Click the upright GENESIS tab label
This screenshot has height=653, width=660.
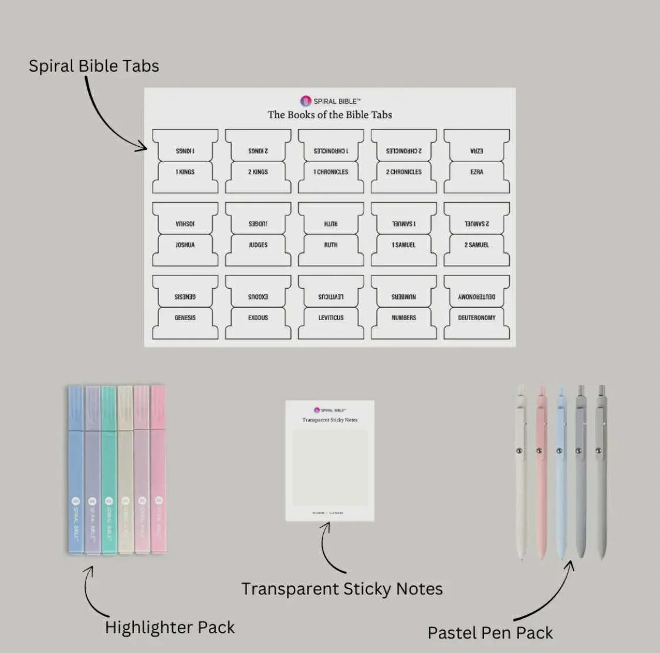point(185,318)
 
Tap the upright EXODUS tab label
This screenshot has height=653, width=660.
point(258,318)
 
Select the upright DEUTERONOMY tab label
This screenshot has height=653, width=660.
point(476,318)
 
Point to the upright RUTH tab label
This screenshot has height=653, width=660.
point(331,245)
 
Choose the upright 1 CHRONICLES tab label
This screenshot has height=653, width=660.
point(331,172)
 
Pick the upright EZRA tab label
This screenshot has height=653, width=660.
point(476,172)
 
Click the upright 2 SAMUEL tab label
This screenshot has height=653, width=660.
point(476,245)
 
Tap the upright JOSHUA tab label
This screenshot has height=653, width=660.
point(185,245)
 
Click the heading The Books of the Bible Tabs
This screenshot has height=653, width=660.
point(330,115)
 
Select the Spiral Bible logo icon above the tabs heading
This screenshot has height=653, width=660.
point(306,101)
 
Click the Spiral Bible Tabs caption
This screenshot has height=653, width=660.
point(94,66)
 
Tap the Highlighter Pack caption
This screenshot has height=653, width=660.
point(170,627)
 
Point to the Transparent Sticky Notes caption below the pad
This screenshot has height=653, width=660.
point(342,589)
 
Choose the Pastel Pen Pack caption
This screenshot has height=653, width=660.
point(490,633)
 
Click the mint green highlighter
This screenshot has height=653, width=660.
point(109,470)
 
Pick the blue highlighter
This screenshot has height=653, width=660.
point(76,470)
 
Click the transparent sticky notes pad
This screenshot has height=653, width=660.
point(330,461)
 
